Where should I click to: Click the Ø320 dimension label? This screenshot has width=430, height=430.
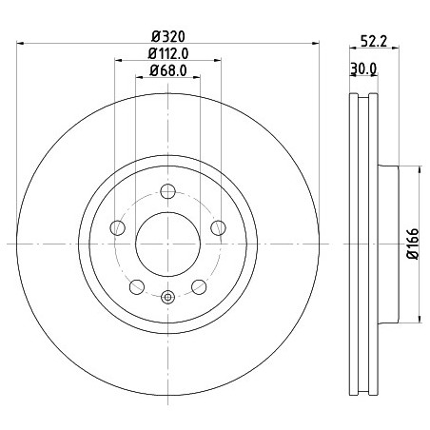167,36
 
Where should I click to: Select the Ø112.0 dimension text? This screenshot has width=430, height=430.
168,53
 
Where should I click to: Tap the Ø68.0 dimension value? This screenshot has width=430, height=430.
168,70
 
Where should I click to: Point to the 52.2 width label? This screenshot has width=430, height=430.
374,41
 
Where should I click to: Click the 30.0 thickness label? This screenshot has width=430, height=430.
363,68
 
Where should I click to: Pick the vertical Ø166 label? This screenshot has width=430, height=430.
413,244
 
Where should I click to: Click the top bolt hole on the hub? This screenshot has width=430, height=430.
167,191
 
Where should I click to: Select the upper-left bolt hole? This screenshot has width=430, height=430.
117,227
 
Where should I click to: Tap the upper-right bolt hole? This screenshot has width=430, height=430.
218,227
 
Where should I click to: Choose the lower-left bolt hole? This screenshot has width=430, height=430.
137,286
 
